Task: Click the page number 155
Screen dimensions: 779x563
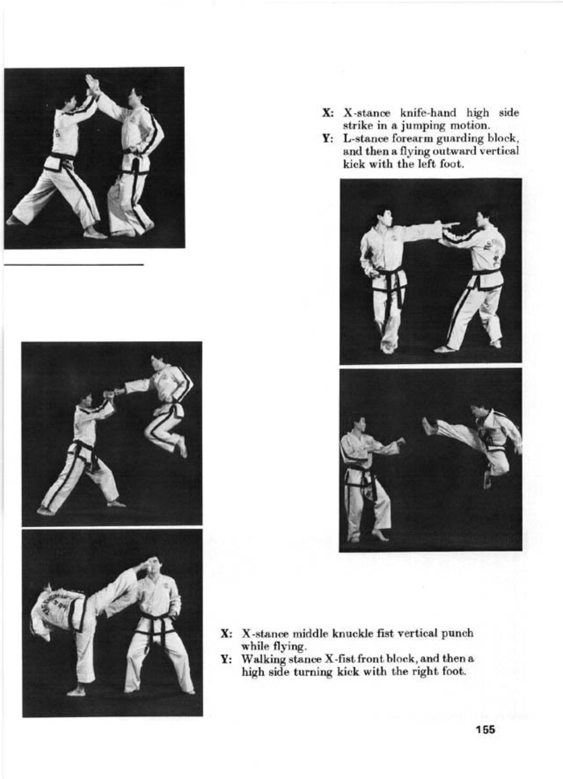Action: pos(484,730)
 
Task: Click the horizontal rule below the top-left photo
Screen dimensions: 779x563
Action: pos(74,264)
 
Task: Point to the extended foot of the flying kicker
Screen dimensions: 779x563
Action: pos(429,425)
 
